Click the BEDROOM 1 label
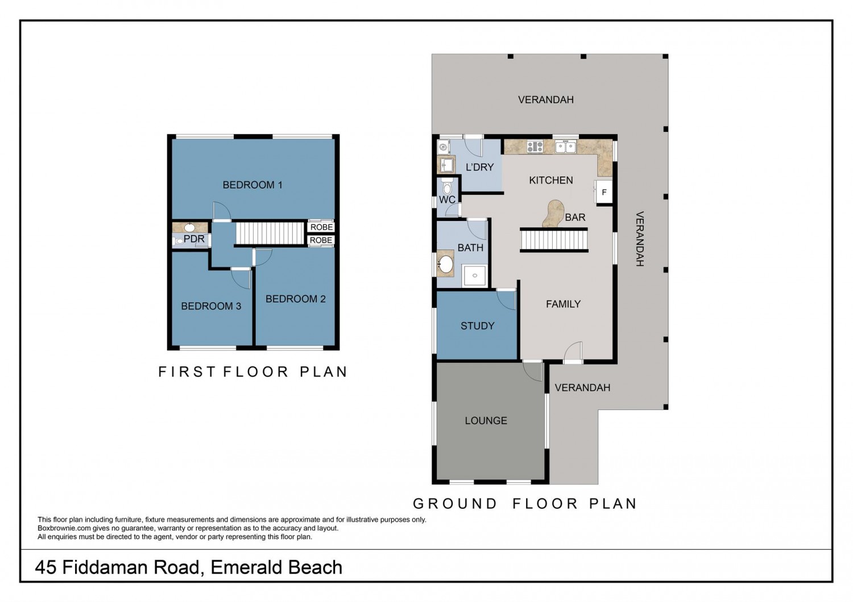pos(252,185)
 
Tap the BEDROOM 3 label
pos(211,306)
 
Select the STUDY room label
pos(477,326)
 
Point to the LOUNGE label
pos(486,421)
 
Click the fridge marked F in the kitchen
pos(604,193)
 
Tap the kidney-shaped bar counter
pos(553,214)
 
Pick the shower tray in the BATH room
pos(474,275)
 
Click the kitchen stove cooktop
pos(535,147)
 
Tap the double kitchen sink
pos(565,147)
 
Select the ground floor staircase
pos(554,240)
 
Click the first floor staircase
pos(270,233)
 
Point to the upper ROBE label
pos(321,227)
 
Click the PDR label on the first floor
pos(194,239)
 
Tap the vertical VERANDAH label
pos(640,239)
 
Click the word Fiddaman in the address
pos(131,567)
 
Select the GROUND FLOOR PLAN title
pos(525,504)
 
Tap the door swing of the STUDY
pos(506,300)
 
